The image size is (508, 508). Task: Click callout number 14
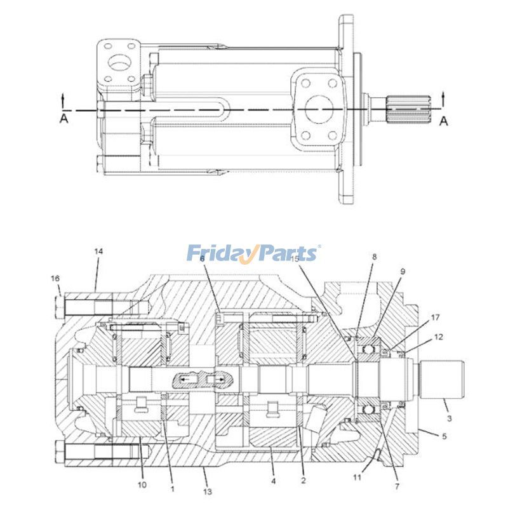point(98,251)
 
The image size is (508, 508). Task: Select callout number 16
point(55,278)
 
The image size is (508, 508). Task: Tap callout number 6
point(202,258)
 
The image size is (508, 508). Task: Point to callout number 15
point(295,259)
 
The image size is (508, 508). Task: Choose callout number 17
point(434,316)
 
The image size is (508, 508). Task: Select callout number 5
point(444,436)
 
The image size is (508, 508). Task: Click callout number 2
point(303,481)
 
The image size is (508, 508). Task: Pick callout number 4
point(273,481)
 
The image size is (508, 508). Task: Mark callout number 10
point(142,485)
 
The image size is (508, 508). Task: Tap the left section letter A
point(63,118)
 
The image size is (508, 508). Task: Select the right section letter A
point(444,121)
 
